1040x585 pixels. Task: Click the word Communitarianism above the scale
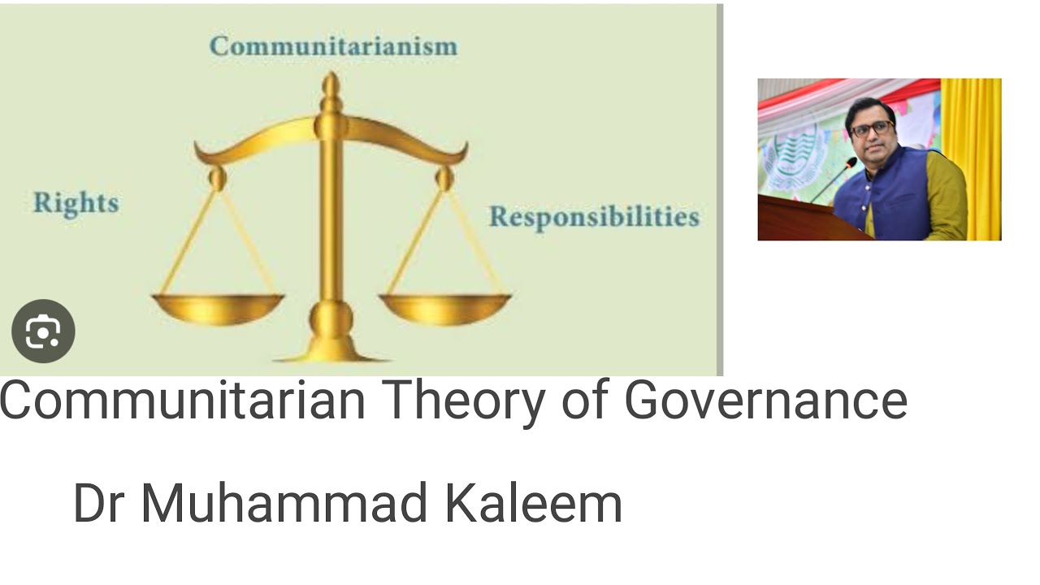[x=333, y=46]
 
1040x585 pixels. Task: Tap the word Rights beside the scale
[x=76, y=203]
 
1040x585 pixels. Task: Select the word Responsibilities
[x=593, y=217]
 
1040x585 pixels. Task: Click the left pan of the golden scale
[x=218, y=308]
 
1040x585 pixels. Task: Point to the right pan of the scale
[x=444, y=308]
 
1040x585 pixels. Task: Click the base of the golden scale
[x=331, y=353]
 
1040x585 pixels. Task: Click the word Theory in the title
[x=464, y=401]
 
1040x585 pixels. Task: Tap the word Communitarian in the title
[x=182, y=401]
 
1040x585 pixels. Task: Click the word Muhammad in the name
[x=284, y=503]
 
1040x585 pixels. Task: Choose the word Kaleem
[x=533, y=503]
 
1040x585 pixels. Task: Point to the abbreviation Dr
[x=99, y=503]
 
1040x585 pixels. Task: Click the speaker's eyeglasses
[x=871, y=129]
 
